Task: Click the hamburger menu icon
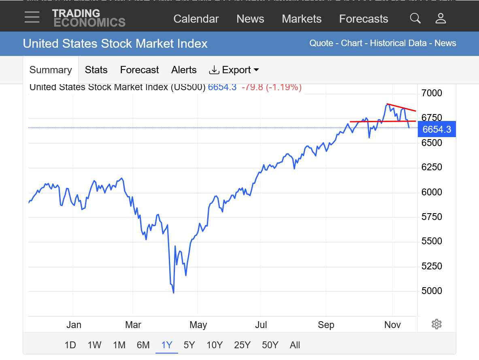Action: [x=32, y=17]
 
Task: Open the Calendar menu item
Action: [x=196, y=19]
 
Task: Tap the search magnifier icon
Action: [x=415, y=18]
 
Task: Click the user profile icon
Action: [x=441, y=18]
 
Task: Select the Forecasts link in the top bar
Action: [x=363, y=19]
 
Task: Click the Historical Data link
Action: [x=398, y=43]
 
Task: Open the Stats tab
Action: [x=96, y=70]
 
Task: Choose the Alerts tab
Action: [x=184, y=70]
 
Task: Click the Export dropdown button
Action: [x=234, y=70]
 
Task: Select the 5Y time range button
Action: [x=189, y=345]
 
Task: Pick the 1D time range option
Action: [x=70, y=345]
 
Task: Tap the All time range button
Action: [x=295, y=345]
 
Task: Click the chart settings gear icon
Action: [x=436, y=324]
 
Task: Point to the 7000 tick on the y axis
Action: [x=432, y=93]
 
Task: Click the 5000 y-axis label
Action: [x=432, y=291]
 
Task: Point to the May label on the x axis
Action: [x=198, y=325]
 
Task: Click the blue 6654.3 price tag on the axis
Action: [x=436, y=129]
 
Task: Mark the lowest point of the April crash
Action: [x=173, y=292]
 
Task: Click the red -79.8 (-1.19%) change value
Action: [x=271, y=87]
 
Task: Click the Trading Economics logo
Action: [x=88, y=18]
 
